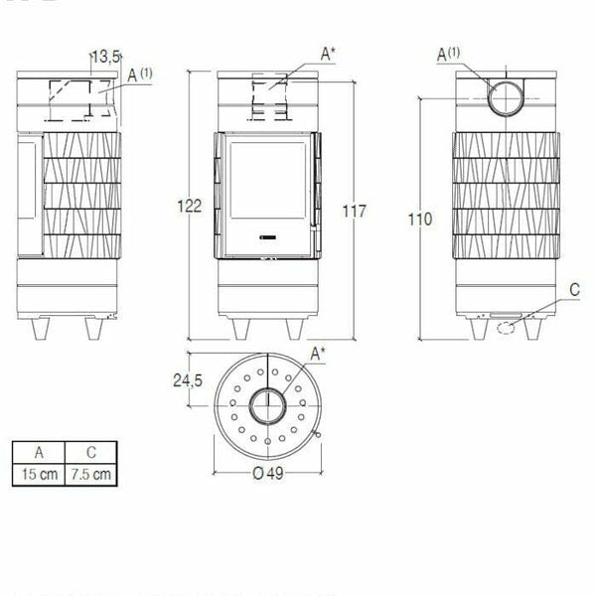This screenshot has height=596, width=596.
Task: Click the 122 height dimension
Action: click(192, 207)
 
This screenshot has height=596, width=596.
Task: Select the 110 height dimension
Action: click(420, 219)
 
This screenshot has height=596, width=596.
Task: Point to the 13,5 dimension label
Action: click(104, 58)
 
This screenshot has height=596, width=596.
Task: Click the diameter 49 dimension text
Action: click(268, 473)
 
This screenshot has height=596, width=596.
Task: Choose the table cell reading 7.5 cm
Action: click(87, 474)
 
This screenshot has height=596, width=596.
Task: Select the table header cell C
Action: click(87, 452)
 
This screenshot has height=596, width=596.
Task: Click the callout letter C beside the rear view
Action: click(574, 290)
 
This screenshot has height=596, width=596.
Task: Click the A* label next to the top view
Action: click(317, 354)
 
